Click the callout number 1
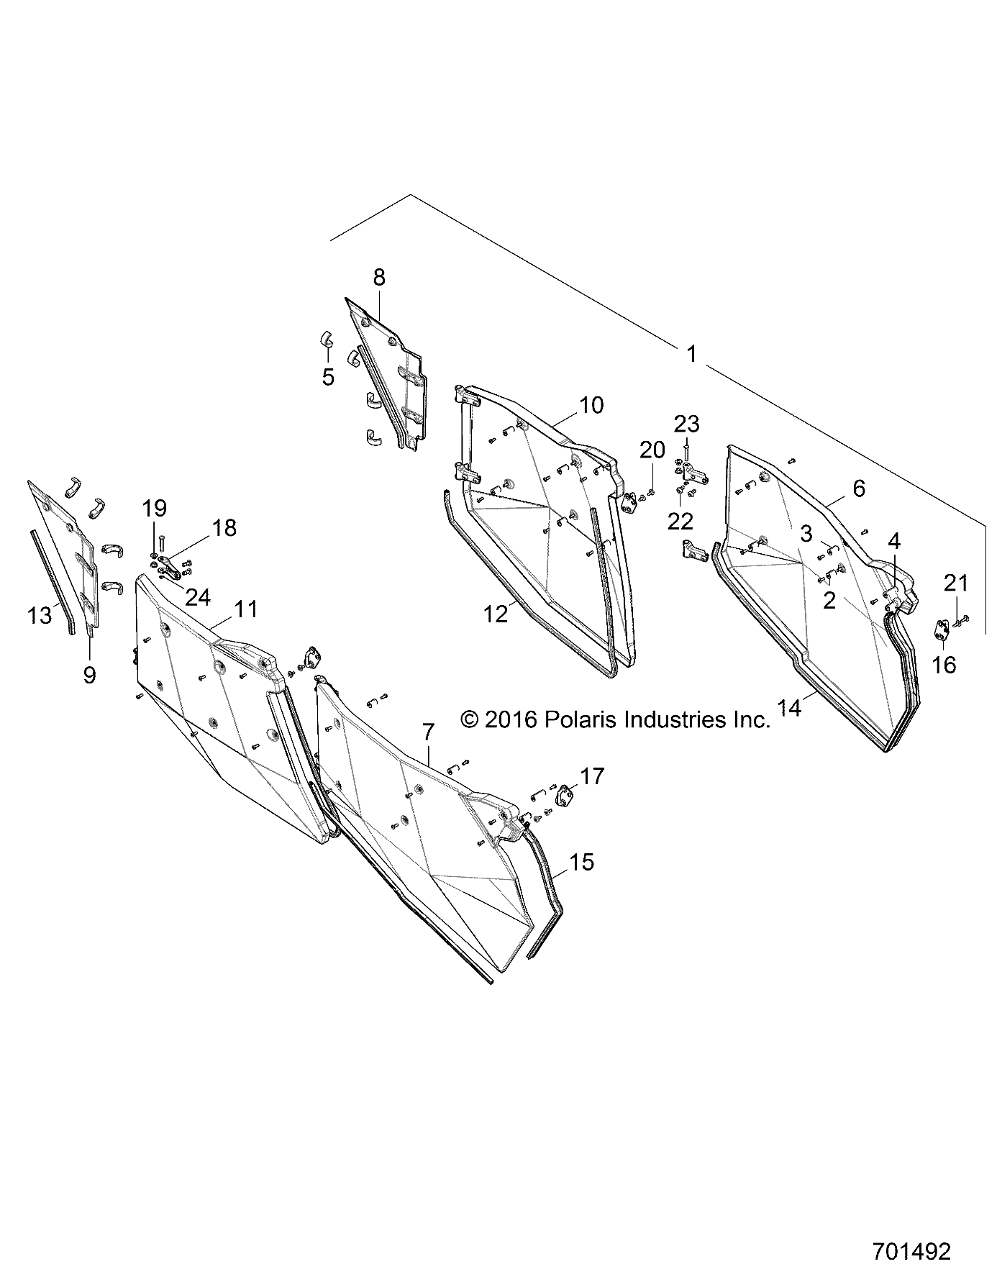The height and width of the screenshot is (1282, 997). [691, 354]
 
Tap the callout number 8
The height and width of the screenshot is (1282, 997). [378, 277]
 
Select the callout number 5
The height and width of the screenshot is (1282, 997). [328, 376]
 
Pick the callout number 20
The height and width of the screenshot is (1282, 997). [652, 450]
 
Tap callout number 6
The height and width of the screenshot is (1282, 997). [858, 488]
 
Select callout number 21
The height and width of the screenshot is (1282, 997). [955, 583]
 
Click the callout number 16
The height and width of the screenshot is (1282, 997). [944, 665]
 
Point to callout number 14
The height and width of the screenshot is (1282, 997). [789, 708]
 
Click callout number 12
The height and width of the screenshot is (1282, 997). [496, 614]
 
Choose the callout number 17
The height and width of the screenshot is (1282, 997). [593, 776]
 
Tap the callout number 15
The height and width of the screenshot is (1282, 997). [581, 862]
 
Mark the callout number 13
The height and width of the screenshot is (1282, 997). [40, 615]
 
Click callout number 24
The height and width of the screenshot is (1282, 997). [198, 596]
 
